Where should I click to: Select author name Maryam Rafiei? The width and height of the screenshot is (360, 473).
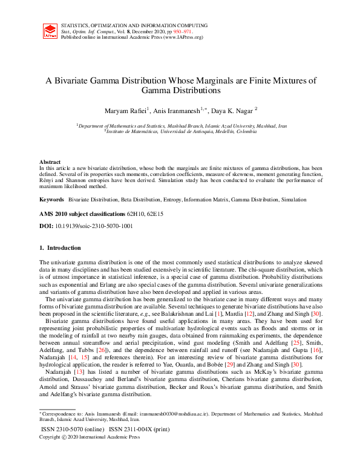(x=124, y=110)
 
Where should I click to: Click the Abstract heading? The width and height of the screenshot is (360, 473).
(x=50, y=162)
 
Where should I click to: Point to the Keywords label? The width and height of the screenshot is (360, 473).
(x=51, y=199)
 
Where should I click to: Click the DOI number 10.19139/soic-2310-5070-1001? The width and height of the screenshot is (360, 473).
(x=93, y=226)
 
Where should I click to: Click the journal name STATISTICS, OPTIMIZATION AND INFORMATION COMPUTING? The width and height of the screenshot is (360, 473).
(x=136, y=25)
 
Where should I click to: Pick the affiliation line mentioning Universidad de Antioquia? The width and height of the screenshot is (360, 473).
(x=180, y=131)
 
